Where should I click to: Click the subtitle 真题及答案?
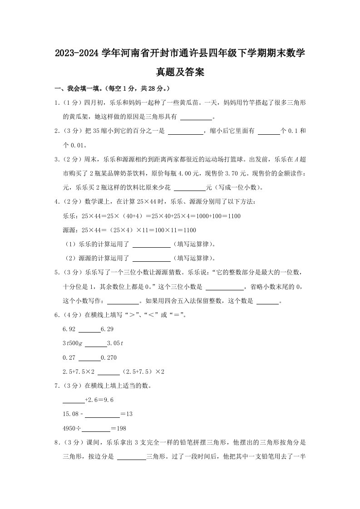click(x=180, y=72)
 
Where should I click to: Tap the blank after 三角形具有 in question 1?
click(x=197, y=117)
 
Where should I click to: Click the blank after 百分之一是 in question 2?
click(x=186, y=132)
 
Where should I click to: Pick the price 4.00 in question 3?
click(x=189, y=173)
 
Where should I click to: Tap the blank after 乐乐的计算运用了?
click(x=151, y=245)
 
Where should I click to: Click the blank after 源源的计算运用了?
click(x=151, y=259)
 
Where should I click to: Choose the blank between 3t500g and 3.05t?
click(x=95, y=343)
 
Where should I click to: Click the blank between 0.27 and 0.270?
click(x=90, y=358)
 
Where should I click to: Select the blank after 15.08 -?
click(x=102, y=414)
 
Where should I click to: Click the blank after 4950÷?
click(x=96, y=429)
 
